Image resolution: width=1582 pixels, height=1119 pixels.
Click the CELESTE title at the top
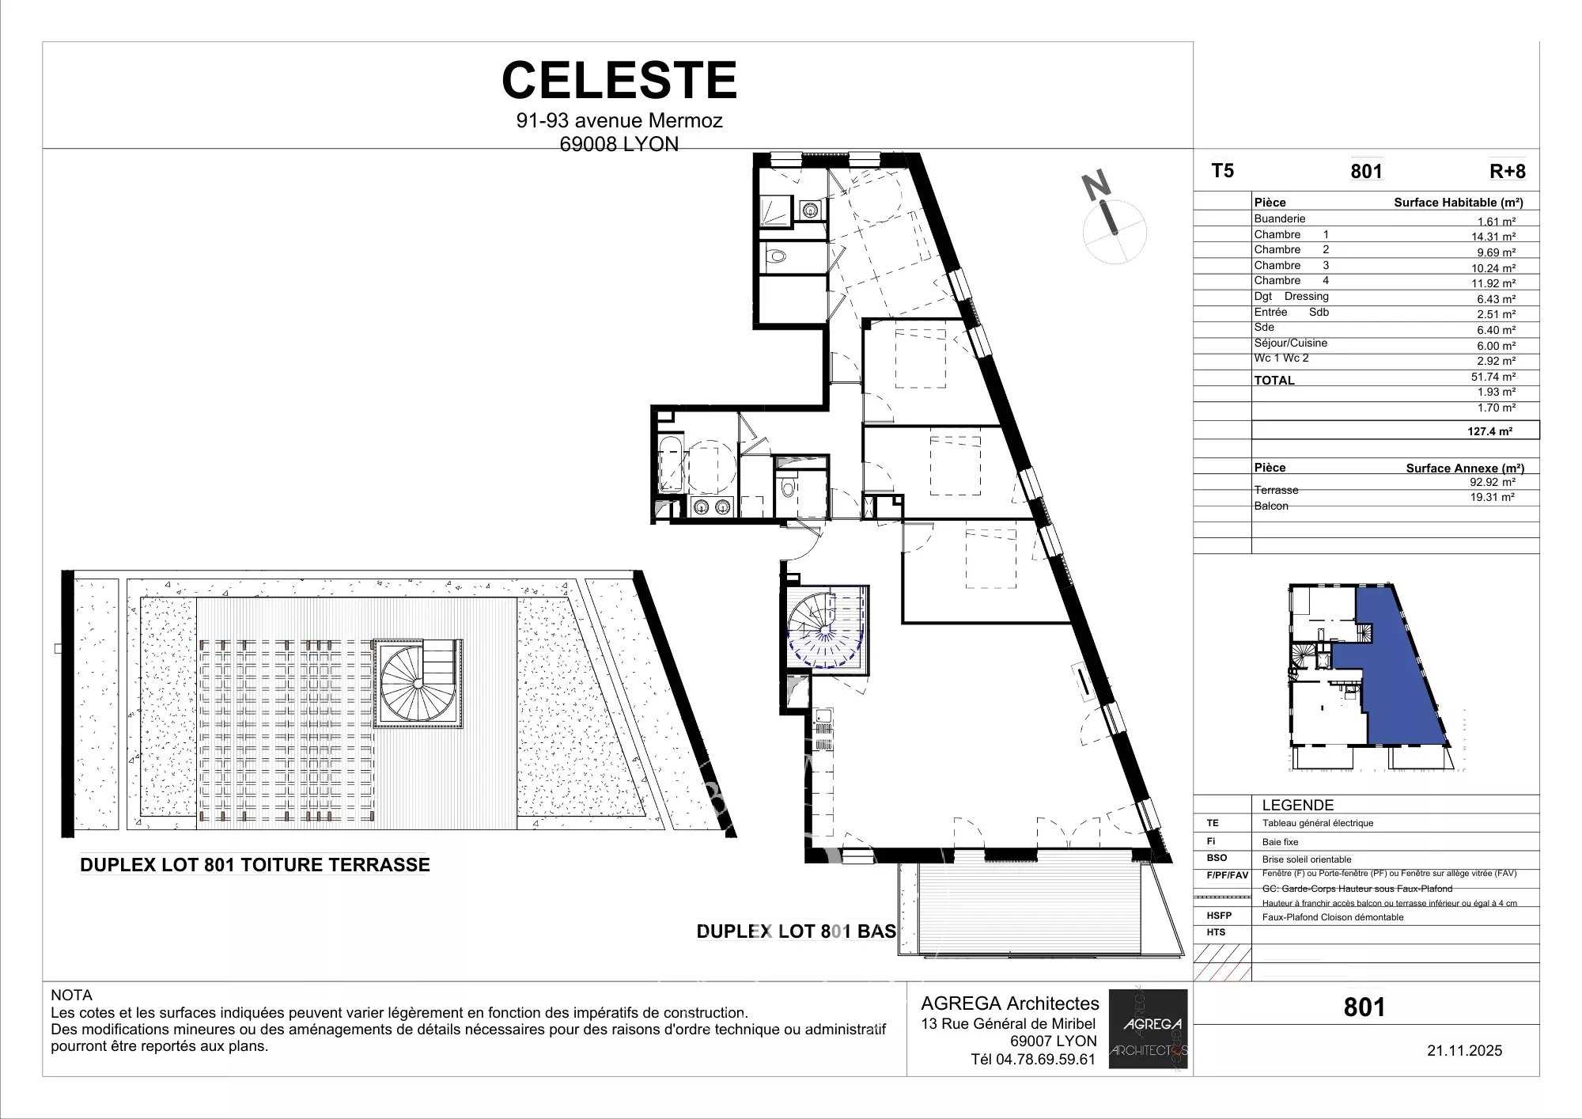(x=619, y=80)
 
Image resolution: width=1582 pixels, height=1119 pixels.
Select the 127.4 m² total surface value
(x=1489, y=431)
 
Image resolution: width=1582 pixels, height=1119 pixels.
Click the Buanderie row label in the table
(x=1279, y=218)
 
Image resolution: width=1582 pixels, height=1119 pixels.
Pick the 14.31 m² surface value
(x=1493, y=237)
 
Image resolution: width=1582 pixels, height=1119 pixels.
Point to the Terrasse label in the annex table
(x=1276, y=490)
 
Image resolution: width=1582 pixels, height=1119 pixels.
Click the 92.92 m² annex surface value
(x=1493, y=482)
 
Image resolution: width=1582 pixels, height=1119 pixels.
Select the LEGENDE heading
(x=1297, y=805)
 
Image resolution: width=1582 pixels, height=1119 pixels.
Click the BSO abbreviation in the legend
(x=1217, y=858)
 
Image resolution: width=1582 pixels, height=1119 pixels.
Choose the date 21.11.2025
(x=1464, y=1051)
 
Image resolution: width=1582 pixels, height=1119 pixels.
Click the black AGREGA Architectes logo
(x=1148, y=1029)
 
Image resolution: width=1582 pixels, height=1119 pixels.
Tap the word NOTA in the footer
(x=71, y=996)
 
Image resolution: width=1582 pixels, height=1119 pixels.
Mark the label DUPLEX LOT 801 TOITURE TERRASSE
(x=255, y=865)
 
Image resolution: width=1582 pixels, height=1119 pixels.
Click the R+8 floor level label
(x=1507, y=172)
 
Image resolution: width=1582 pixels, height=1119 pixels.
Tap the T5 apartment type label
(x=1222, y=171)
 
